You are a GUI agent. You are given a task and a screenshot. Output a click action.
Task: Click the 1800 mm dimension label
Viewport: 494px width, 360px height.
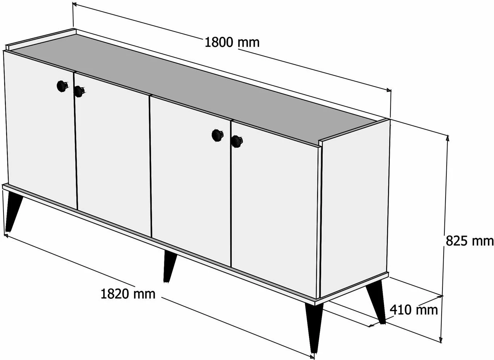click(232, 43)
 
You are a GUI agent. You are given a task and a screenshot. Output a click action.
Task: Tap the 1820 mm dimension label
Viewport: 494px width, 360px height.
click(128, 294)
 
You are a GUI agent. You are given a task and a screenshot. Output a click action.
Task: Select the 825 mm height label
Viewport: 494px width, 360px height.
click(470, 241)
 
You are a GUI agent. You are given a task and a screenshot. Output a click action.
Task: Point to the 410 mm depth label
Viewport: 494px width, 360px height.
click(414, 310)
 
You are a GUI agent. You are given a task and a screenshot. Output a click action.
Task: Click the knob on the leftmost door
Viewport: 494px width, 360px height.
click(62, 86)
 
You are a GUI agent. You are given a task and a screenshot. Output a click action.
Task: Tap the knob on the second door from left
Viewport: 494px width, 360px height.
click(79, 91)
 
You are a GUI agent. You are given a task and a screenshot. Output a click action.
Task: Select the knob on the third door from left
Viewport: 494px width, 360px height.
click(218, 135)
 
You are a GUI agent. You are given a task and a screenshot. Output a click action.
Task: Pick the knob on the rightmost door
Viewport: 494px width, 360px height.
click(237, 141)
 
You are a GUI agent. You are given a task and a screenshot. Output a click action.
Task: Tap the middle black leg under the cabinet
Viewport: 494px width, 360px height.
click(169, 266)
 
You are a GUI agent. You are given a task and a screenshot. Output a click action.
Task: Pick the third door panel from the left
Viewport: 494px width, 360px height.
click(190, 181)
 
